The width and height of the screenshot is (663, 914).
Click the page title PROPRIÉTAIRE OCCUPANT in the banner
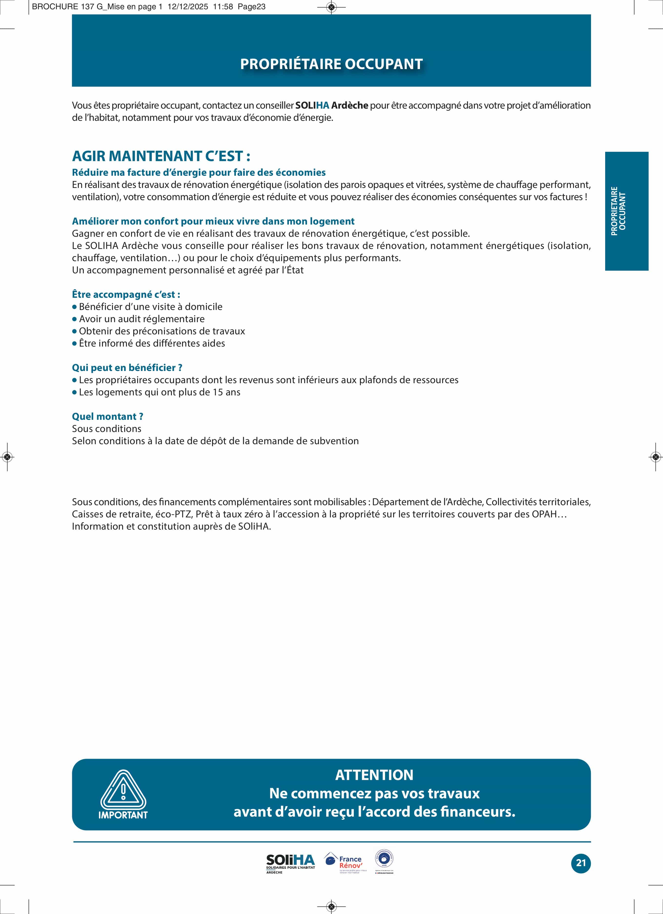coord(331,64)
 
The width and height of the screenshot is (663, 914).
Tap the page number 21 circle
coord(580,863)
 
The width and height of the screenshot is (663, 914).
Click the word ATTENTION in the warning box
coord(374,775)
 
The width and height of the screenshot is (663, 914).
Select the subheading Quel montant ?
coord(107,416)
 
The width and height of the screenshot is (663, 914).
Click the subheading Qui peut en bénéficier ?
coord(127,368)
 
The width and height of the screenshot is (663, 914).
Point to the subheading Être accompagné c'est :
coord(126,294)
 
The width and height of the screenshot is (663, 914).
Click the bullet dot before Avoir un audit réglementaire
coord(74,319)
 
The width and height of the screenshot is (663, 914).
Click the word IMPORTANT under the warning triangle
coord(123,815)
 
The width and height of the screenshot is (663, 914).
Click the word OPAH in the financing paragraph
coord(544,514)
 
